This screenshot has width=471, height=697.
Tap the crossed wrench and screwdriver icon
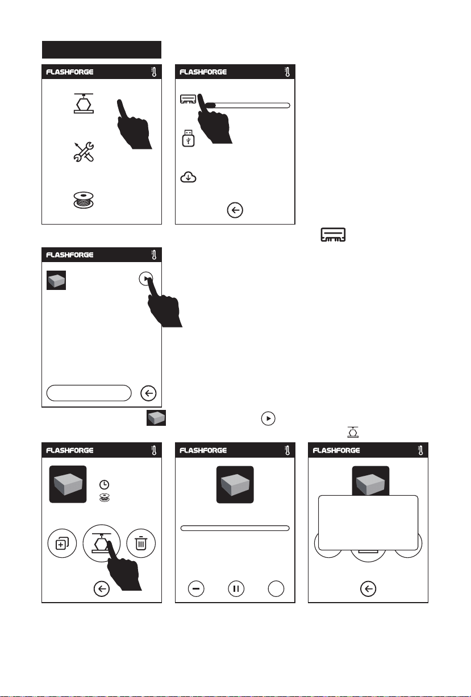(x=84, y=152)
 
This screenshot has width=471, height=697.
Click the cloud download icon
(x=188, y=177)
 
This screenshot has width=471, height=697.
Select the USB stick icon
(x=188, y=138)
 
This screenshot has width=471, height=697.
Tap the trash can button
(x=141, y=543)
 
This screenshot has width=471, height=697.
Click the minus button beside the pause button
(x=196, y=588)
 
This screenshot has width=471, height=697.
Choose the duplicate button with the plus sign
(x=62, y=543)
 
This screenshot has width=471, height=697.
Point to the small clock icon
(x=104, y=484)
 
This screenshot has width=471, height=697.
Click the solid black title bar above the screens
(x=102, y=49)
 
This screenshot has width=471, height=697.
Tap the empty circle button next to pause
(x=276, y=588)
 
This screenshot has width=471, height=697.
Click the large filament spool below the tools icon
(x=84, y=200)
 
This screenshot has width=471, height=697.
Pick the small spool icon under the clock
(x=105, y=498)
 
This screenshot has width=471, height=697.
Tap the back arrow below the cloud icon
(x=235, y=210)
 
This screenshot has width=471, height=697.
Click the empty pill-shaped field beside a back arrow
(x=89, y=393)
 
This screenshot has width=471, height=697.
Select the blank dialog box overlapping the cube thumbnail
(x=368, y=523)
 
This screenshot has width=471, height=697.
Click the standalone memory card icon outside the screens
(x=333, y=235)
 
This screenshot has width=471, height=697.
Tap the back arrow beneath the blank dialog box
(x=368, y=588)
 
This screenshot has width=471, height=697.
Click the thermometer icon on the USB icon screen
(x=287, y=72)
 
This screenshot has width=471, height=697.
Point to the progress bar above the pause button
(x=235, y=528)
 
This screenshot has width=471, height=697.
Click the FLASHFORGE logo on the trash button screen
(x=70, y=450)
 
